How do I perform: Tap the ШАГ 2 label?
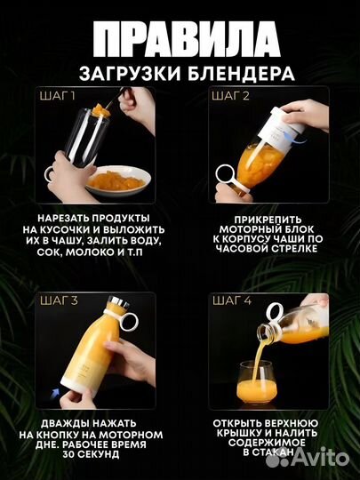pyautogui.click(x=228, y=95)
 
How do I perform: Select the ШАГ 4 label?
pyautogui.click(x=229, y=301)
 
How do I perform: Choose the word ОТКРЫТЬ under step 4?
pyautogui.click(x=240, y=422)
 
